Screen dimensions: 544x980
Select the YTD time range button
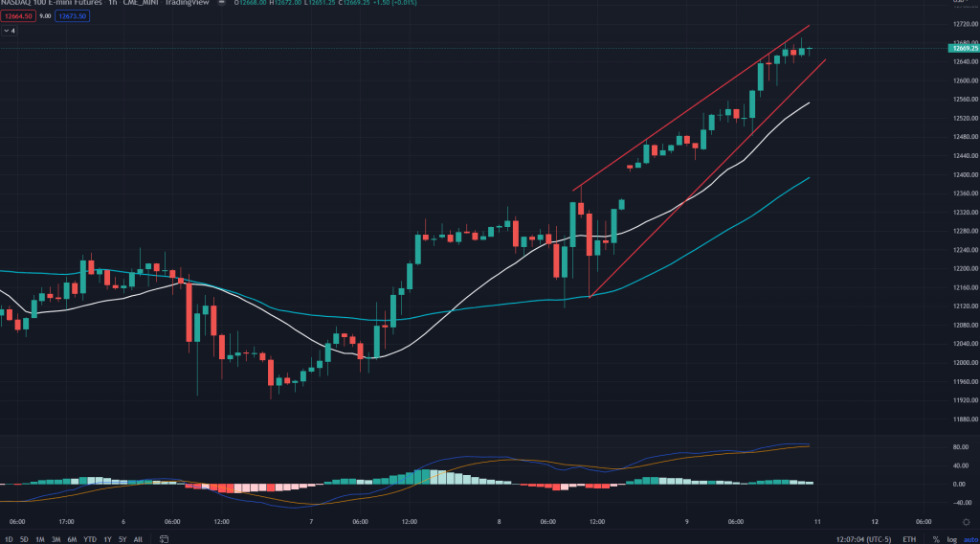(x=89, y=539)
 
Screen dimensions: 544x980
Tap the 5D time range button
(x=23, y=539)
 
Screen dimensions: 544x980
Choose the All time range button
(x=138, y=539)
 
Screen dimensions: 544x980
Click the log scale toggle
(x=951, y=539)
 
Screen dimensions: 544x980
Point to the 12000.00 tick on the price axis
(x=960, y=362)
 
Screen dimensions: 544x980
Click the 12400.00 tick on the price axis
(x=960, y=174)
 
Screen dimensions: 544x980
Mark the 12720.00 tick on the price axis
(x=960, y=24)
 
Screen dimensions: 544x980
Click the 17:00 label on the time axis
(x=66, y=522)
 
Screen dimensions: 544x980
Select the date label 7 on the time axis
(x=311, y=522)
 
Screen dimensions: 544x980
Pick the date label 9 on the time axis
(x=687, y=522)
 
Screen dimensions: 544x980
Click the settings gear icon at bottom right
(x=965, y=522)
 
